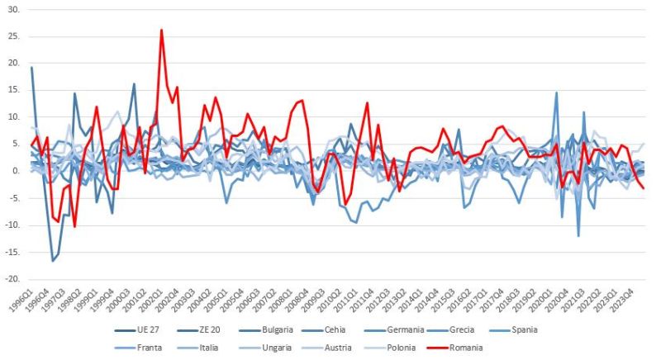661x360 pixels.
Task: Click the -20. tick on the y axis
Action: (x=12, y=279)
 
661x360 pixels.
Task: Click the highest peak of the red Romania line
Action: (x=161, y=30)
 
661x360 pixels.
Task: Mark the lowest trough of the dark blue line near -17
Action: (x=53, y=261)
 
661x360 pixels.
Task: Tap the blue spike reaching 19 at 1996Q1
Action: (x=31, y=68)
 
